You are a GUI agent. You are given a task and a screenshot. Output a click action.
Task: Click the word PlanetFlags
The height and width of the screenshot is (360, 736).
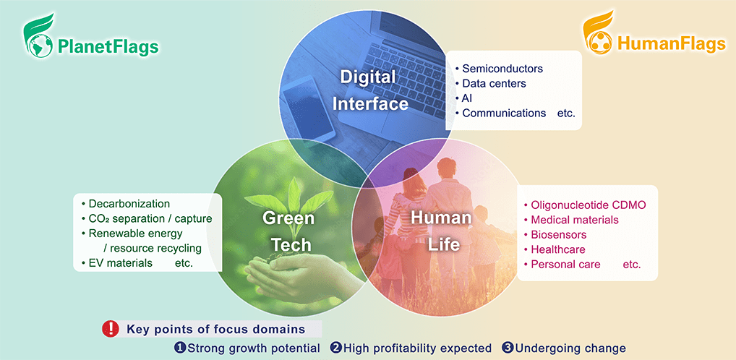108,47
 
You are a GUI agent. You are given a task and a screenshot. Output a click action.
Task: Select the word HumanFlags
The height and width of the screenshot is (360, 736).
672,43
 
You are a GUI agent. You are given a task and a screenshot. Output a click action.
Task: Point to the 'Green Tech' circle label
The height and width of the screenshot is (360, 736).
287,231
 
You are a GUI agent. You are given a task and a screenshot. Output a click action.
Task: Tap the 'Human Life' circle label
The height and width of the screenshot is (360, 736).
441,231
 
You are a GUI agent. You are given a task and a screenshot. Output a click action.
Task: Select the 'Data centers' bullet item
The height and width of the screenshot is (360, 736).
494,84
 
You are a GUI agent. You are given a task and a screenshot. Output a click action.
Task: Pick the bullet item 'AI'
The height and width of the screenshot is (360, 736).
468,98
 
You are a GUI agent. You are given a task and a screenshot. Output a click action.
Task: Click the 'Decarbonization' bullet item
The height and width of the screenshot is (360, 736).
129,204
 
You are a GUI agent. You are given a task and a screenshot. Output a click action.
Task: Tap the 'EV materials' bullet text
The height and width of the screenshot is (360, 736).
120,263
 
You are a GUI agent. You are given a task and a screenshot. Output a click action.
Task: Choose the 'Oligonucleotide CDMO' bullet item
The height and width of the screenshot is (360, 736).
588,205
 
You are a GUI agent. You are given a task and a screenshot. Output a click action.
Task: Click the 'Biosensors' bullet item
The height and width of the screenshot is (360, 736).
559,235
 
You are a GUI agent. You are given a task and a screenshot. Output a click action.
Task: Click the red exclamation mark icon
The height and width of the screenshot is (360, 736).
111,328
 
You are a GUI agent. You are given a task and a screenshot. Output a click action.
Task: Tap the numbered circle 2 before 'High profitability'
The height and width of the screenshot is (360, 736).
335,348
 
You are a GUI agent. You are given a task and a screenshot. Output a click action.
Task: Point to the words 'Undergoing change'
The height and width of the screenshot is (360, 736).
570,348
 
